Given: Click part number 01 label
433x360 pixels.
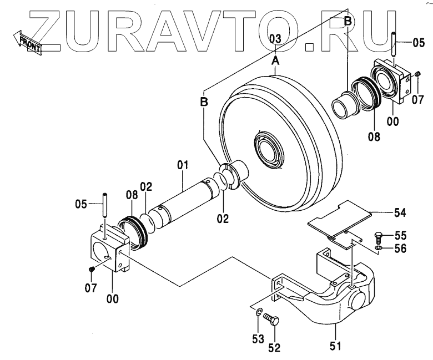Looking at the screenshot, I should (183, 165).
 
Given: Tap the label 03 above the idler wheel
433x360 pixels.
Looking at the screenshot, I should (275, 38).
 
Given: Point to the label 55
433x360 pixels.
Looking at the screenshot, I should (400, 235).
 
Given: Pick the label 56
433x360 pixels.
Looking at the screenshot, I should (400, 248).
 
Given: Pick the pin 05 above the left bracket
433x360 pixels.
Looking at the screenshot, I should (104, 205).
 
